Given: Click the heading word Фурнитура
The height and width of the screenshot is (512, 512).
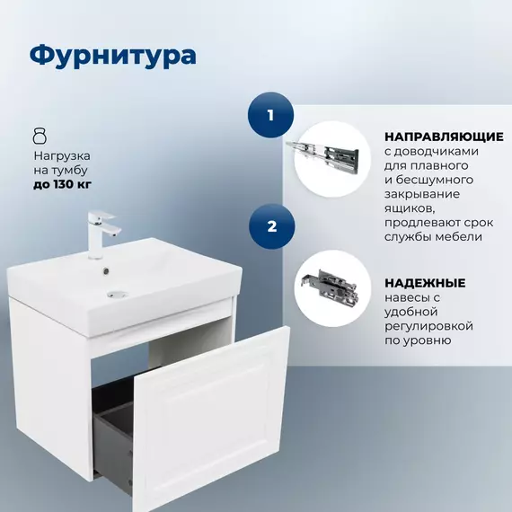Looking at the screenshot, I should click(x=112, y=55).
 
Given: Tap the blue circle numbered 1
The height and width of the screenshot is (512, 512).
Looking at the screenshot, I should click(x=270, y=116).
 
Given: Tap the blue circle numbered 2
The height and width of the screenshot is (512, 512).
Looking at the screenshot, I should click(x=270, y=226).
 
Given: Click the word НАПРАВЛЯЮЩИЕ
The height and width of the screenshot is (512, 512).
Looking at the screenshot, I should click(x=443, y=137).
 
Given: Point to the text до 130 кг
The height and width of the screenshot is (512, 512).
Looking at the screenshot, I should click(x=61, y=185).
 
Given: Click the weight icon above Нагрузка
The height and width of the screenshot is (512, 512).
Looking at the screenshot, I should click(x=39, y=136).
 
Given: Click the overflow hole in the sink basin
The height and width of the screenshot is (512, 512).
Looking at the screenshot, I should click(x=108, y=267).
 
